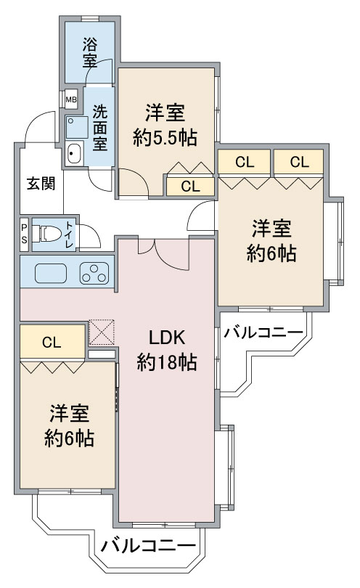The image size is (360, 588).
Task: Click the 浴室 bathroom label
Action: coord(89,53)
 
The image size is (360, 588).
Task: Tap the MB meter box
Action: coord(71,99)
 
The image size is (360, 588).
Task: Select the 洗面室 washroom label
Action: coord(99,128)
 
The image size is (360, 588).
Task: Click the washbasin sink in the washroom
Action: coord(74,153)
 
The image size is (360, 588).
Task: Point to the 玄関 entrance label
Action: coord(41,184)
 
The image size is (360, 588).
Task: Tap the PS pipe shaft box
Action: coord(24,234)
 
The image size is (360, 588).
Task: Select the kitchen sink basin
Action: coord(51,273)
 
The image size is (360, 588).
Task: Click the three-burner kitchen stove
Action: coord(94,273)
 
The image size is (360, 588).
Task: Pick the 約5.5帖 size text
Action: coord(165,139)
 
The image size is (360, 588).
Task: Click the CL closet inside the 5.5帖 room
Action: coord(190,187)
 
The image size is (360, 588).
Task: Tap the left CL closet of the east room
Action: coord(245,162)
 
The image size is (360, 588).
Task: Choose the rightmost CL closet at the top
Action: coord(299,162)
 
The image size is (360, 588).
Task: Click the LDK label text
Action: coord(166,338)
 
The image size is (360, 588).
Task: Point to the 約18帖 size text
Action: coord(166,363)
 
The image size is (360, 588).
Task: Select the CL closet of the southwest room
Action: coord(52,342)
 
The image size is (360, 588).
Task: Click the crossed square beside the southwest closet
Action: coord(102,332)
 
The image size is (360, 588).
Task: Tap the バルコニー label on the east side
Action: coord(263,332)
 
